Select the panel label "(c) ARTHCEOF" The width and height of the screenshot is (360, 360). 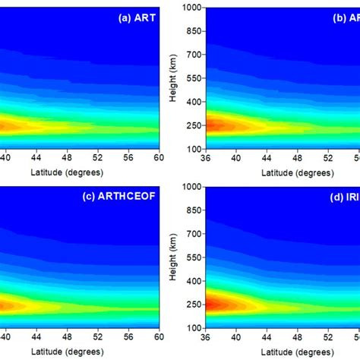point(121,197)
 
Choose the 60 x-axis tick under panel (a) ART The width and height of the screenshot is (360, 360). point(157,157)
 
